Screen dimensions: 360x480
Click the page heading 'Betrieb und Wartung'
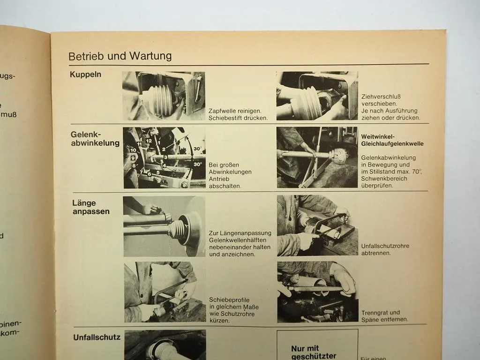(x=120, y=56)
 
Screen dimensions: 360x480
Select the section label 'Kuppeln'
(x=85, y=74)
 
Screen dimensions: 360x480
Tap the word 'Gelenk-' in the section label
(x=86, y=134)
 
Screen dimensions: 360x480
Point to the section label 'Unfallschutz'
(x=97, y=337)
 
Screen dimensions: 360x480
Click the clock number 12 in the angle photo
(x=149, y=140)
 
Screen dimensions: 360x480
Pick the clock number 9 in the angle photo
(x=133, y=158)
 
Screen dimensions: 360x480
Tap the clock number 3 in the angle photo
(x=165, y=157)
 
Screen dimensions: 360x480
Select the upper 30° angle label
(x=197, y=149)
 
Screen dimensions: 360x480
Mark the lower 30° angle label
(x=197, y=164)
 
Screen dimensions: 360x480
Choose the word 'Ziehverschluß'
(x=382, y=96)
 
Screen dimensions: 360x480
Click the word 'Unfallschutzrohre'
(x=385, y=246)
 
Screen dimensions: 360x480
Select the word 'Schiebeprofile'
(x=230, y=300)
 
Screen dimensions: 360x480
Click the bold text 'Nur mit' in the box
(x=305, y=348)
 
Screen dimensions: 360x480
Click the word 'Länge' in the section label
(x=84, y=203)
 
